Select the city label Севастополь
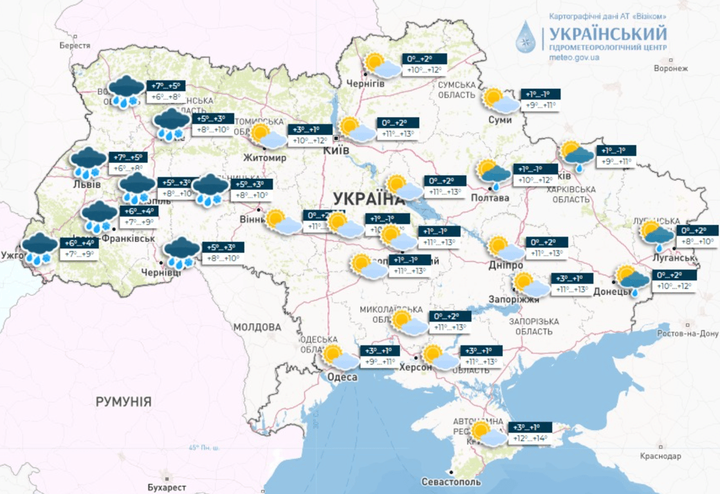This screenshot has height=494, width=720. click(451, 482)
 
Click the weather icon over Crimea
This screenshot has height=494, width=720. click(486, 434)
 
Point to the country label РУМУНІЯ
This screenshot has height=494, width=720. click(124, 402)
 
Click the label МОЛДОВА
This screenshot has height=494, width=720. click(257, 327)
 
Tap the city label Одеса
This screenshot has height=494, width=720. click(342, 377)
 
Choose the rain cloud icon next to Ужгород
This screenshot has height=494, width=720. click(39, 249)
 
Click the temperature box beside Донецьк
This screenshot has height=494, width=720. click(674, 281)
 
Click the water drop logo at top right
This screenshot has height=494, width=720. click(526, 37)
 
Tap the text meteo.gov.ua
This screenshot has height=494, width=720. click(574, 57)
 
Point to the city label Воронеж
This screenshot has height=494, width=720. click(671, 68)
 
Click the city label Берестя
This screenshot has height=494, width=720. click(75, 46)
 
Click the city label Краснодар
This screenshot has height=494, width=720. click(661, 456)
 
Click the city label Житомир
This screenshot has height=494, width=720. click(264, 158)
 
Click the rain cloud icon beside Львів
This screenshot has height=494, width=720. click(88, 163)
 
